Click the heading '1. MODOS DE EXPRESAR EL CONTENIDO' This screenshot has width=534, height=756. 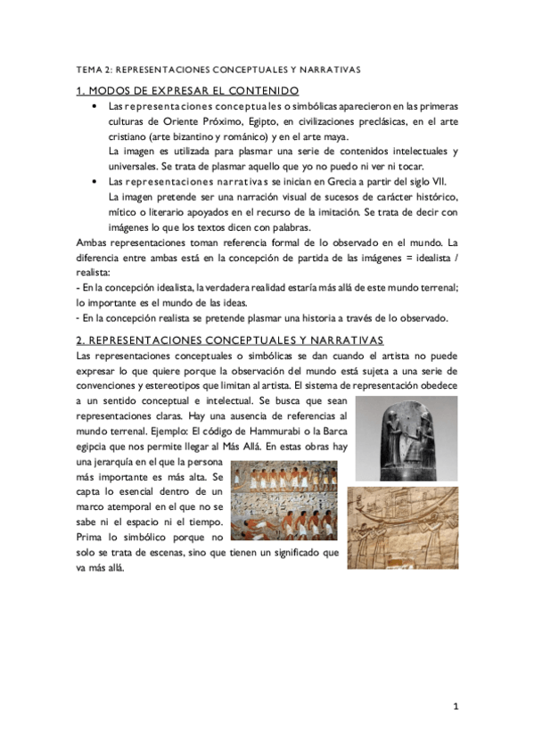tap(187, 91)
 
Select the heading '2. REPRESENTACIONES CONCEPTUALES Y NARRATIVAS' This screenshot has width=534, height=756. tap(218, 340)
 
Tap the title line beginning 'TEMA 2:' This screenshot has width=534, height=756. tap(219, 68)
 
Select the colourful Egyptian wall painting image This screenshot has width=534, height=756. tap(285, 505)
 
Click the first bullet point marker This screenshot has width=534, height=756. tap(95, 106)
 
